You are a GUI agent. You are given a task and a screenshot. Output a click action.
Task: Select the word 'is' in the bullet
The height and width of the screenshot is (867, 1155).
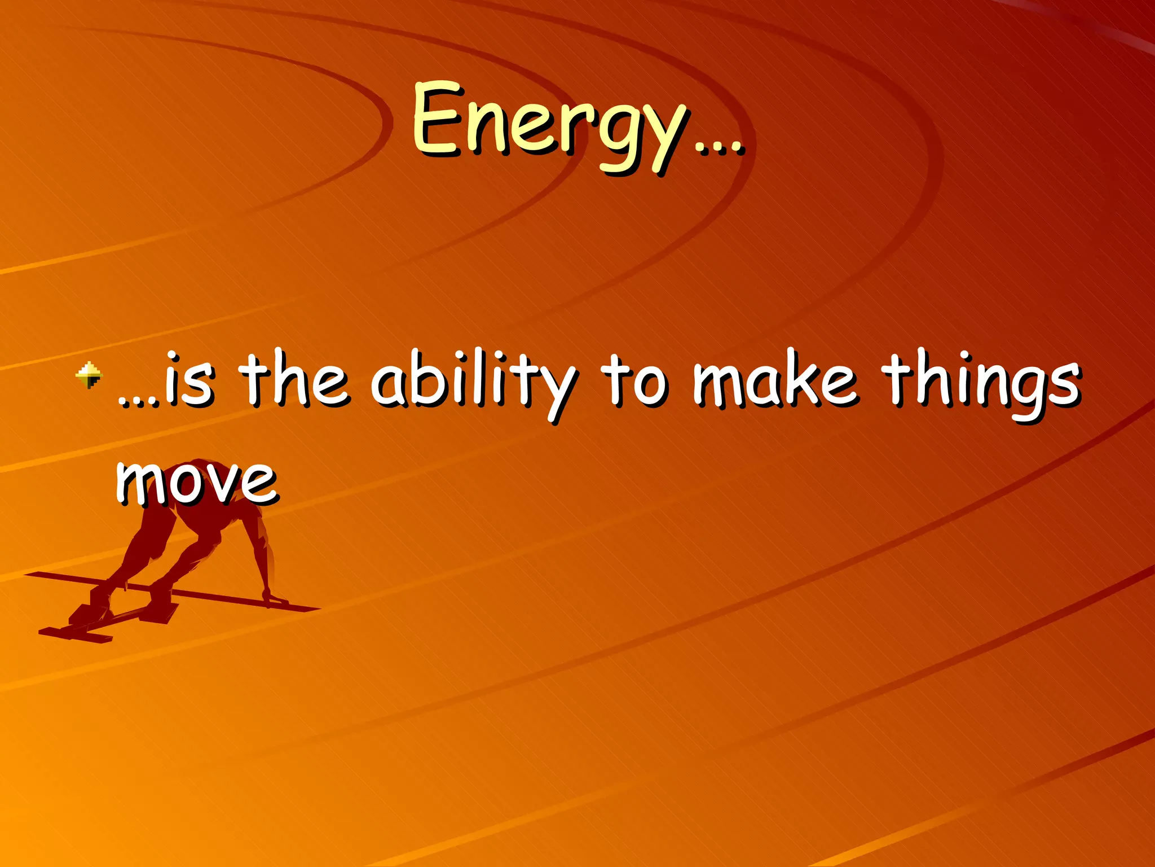tap(189, 382)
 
